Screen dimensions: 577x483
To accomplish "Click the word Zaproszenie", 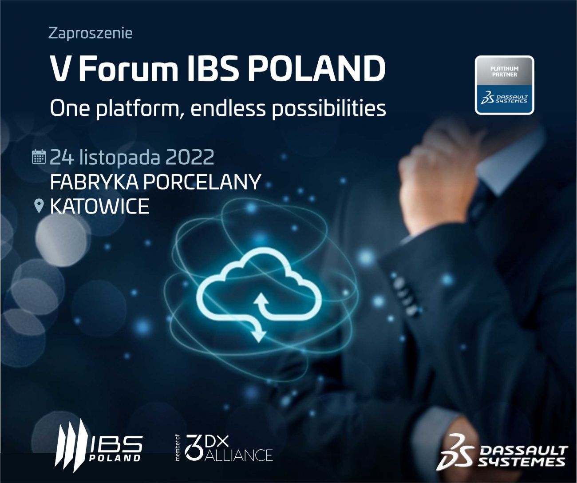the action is (x=91, y=34).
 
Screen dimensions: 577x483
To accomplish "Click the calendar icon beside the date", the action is (x=39, y=157).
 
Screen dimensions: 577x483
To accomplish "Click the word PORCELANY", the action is (x=202, y=182).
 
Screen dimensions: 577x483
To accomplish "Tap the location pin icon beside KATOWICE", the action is (x=39, y=206).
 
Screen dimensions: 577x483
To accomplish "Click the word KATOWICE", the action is (x=99, y=206).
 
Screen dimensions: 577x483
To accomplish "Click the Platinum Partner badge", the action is (x=504, y=85).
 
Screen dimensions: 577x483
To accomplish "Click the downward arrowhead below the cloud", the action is (x=258, y=336).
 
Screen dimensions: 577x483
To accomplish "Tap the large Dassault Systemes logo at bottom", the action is (x=502, y=451).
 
